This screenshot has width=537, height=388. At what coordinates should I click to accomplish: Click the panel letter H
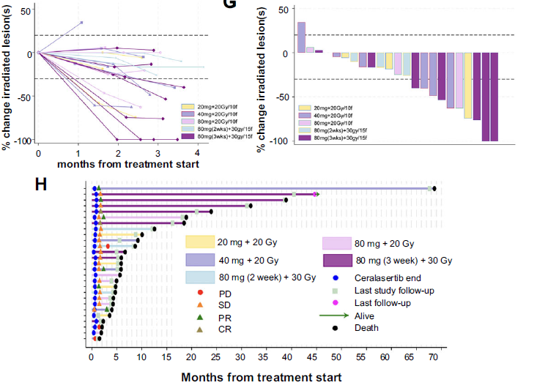coord(42,183)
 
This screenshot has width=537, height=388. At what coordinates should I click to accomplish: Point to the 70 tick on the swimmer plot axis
coord(434,357)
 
